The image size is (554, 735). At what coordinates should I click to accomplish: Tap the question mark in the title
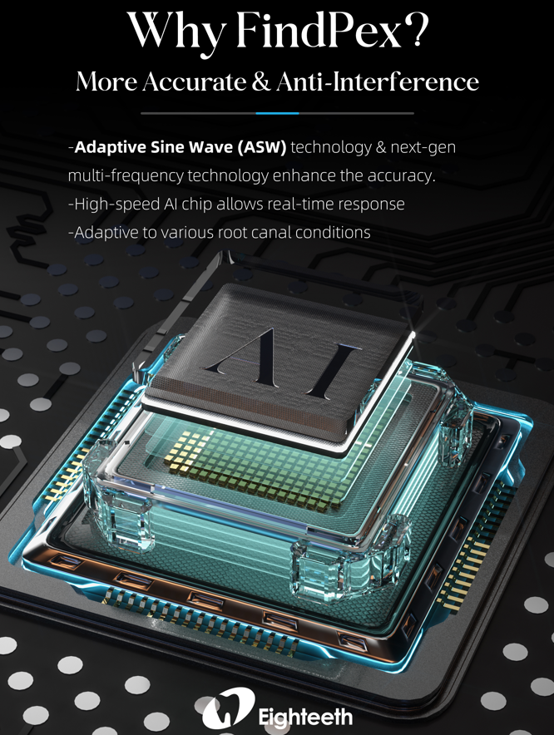(x=416, y=30)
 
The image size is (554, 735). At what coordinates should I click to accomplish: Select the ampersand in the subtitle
(x=260, y=81)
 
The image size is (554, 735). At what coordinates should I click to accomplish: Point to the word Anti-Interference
(x=378, y=81)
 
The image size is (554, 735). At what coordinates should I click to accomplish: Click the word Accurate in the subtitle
(x=194, y=81)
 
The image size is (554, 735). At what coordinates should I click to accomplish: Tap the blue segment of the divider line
(x=277, y=113)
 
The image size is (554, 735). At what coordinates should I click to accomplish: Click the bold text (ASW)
(x=261, y=147)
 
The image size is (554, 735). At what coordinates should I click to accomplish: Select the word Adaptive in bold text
(x=111, y=148)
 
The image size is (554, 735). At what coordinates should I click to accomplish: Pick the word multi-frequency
(x=126, y=176)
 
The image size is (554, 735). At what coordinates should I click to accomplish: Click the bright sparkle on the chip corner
(x=413, y=333)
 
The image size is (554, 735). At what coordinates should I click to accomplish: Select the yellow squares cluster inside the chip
(x=188, y=450)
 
